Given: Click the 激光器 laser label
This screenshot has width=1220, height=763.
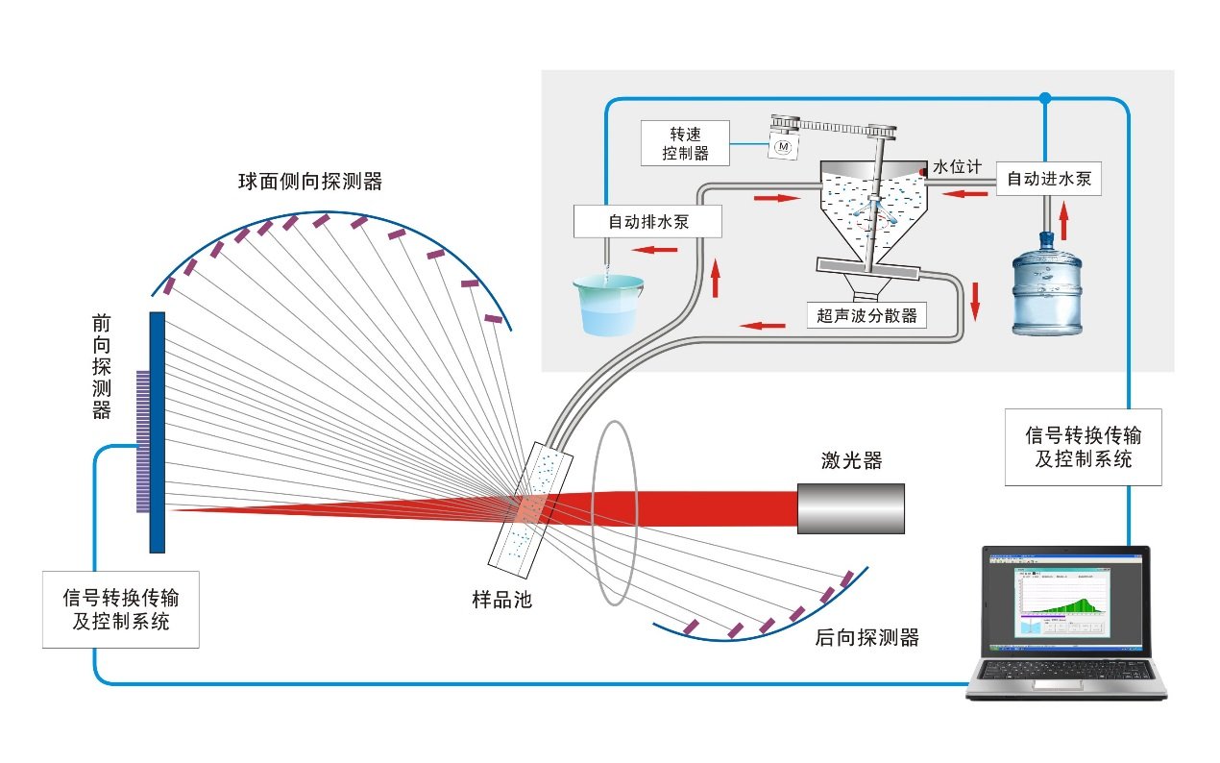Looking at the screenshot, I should coord(851,461).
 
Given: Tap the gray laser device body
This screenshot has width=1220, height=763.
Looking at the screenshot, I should coord(851,508).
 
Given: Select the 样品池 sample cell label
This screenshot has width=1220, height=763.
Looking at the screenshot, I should coord(501,600).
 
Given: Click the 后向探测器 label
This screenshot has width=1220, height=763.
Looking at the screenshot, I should coord(866,637).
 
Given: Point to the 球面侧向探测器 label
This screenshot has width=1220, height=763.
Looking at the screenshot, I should coord(310,181).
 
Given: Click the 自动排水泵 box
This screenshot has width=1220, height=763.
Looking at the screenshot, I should coord(649,221).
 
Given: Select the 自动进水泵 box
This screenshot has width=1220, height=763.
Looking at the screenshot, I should coord(1048,179).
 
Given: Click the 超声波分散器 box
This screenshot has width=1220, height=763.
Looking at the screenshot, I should coord(866,315).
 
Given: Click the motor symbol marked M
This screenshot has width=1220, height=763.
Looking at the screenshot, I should coord(783,147).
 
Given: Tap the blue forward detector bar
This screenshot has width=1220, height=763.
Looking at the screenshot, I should coord(158,431).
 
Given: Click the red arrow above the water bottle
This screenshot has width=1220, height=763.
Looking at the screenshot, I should coord(1064,220).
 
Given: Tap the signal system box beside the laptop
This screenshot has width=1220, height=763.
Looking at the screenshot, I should coord(1082,447).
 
